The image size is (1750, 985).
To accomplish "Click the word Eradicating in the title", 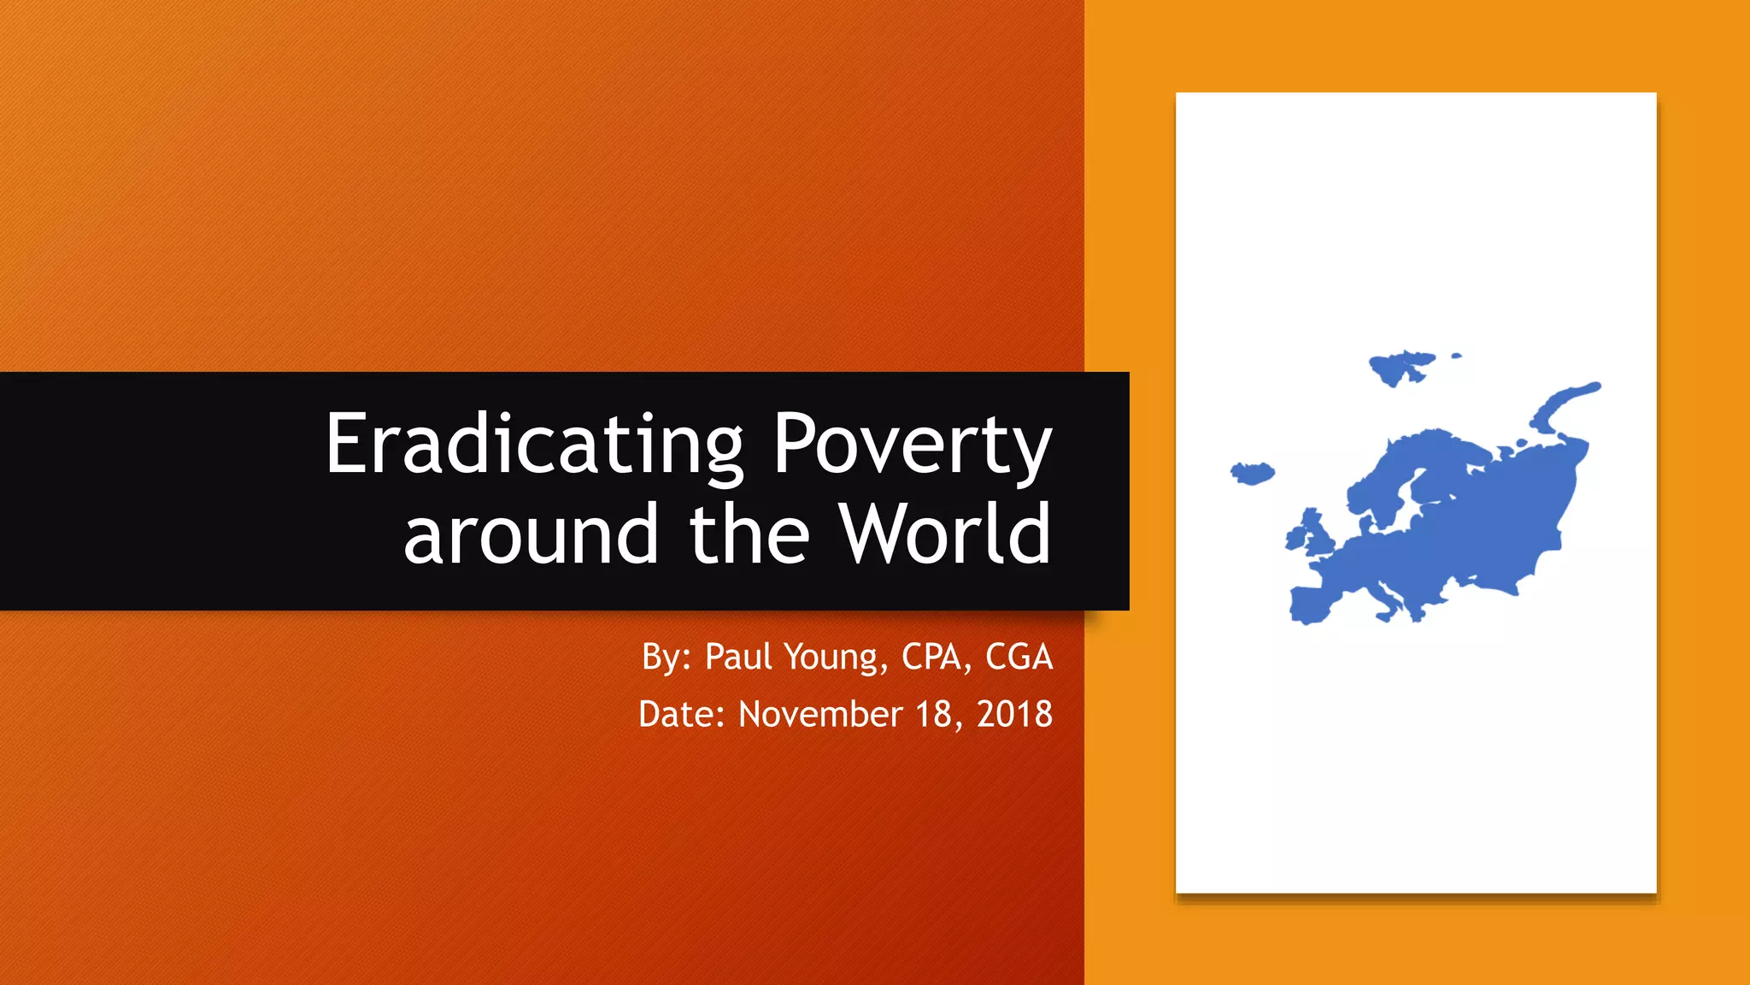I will point(535,445).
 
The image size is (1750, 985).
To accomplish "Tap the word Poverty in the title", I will point(912,445).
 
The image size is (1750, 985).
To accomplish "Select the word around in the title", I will point(531,535).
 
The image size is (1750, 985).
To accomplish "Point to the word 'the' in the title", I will point(749,535).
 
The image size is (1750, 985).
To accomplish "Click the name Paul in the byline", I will point(739,657).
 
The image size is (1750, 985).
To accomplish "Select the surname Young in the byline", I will point(831,657).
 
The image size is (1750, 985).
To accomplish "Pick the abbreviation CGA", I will point(1019,657).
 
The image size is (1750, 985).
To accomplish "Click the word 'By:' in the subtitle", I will point(666,657).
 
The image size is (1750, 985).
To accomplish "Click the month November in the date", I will point(819,715).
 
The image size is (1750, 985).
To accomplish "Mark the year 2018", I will point(1014,715).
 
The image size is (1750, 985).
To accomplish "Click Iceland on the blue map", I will point(1252,473).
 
